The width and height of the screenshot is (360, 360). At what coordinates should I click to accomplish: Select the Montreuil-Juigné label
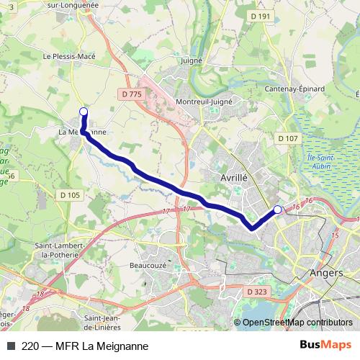point(202,102)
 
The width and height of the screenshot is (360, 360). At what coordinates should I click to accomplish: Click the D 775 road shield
point(132,94)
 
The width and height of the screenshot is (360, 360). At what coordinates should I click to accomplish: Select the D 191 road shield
point(261,15)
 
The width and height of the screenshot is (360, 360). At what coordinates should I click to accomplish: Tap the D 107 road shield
point(287,138)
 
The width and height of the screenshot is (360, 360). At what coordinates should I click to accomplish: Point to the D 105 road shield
point(70,195)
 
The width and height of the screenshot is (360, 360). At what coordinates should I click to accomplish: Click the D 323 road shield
point(256,292)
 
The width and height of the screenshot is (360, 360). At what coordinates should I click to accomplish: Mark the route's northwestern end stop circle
point(84,112)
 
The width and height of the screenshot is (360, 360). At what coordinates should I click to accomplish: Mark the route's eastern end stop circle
point(277,210)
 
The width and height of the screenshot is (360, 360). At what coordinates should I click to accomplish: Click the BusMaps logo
point(325,345)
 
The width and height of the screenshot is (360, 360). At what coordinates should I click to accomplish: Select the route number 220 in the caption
point(30,346)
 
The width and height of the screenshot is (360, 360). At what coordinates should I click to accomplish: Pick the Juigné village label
point(192,61)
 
